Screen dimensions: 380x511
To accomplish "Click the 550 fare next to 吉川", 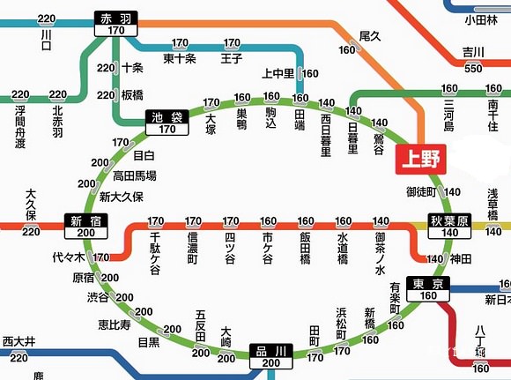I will (x=473, y=68).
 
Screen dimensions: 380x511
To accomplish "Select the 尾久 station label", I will (x=369, y=36).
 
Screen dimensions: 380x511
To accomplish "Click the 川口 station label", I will (x=47, y=39).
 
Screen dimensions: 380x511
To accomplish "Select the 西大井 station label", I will (x=19, y=341).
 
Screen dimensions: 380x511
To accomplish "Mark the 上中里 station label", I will (x=280, y=74).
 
